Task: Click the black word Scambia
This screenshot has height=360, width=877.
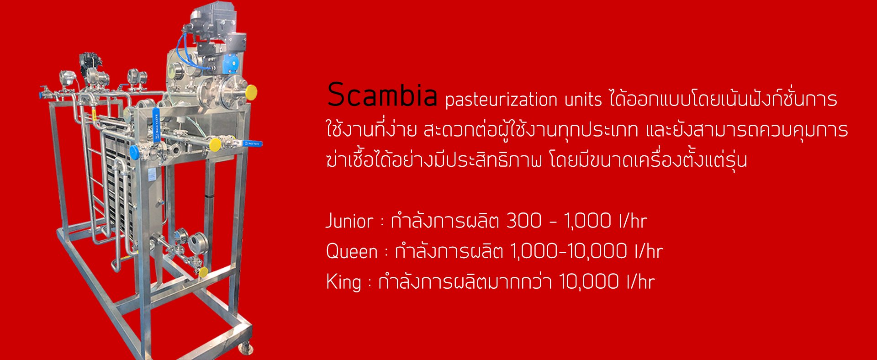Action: pyautogui.click(x=382, y=95)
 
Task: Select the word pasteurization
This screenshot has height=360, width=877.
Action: pyautogui.click(x=501, y=100)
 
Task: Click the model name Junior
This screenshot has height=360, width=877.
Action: pyautogui.click(x=349, y=222)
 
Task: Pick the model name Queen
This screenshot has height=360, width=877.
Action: pyautogui.click(x=352, y=252)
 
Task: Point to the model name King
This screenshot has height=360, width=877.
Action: pyautogui.click(x=343, y=281)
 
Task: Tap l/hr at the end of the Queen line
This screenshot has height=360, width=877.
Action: pyautogui.click(x=649, y=251)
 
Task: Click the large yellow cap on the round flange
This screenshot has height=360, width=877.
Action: pyautogui.click(x=251, y=92)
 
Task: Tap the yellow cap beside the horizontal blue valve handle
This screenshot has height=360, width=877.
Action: pyautogui.click(x=214, y=145)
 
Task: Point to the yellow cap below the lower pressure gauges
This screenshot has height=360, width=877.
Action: pyautogui.click(x=203, y=272)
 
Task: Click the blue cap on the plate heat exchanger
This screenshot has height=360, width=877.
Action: pyautogui.click(x=135, y=152)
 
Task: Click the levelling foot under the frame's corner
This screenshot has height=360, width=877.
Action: pyautogui.click(x=246, y=348)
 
